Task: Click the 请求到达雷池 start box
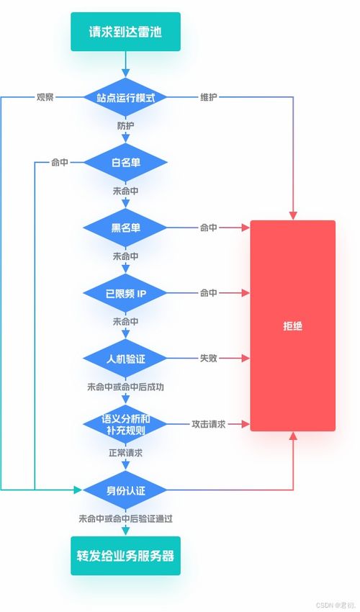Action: tap(125, 32)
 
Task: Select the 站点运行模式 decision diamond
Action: tap(125, 97)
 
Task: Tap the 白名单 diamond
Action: tap(125, 163)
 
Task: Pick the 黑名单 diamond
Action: tap(125, 228)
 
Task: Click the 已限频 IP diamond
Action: tap(125, 293)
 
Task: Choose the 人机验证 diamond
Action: tap(125, 359)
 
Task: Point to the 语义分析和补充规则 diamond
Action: tap(125, 424)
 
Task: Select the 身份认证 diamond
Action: tap(125, 490)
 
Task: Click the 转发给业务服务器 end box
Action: tap(125, 556)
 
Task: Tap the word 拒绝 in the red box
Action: tap(292, 326)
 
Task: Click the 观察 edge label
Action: tap(45, 97)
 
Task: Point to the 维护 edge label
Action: tap(209, 97)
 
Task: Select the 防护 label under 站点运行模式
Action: tap(125, 127)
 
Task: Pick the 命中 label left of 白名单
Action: tap(59, 163)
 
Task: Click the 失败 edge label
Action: tap(209, 359)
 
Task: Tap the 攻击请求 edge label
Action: tap(209, 424)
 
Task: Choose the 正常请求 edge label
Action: tap(125, 453)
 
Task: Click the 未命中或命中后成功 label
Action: tap(125, 387)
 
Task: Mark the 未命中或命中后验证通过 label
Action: tap(125, 519)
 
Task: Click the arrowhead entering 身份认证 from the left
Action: tap(78, 490)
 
